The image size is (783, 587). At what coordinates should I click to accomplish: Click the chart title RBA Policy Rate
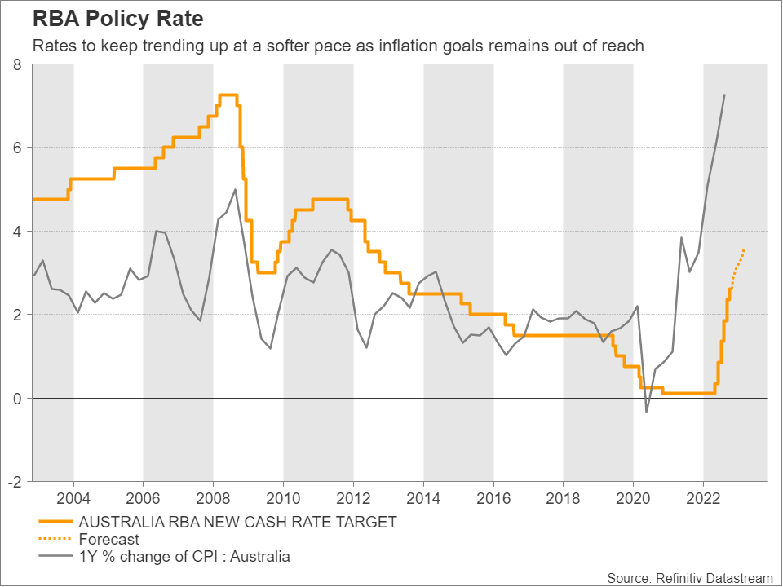pos(118,18)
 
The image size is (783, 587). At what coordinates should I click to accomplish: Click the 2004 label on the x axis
pos(73,497)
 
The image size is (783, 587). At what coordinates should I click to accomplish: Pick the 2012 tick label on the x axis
pos(353,497)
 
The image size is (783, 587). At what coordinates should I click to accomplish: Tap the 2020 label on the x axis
pos(634,497)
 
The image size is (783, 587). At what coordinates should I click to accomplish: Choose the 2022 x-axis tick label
pos(703,497)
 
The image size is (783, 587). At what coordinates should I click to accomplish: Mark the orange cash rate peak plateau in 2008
pos(228,95)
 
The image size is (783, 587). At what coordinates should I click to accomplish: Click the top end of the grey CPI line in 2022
pos(724,95)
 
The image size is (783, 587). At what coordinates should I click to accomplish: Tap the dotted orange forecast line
pos(738,263)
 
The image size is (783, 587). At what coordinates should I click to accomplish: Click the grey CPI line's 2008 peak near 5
pos(236,189)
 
